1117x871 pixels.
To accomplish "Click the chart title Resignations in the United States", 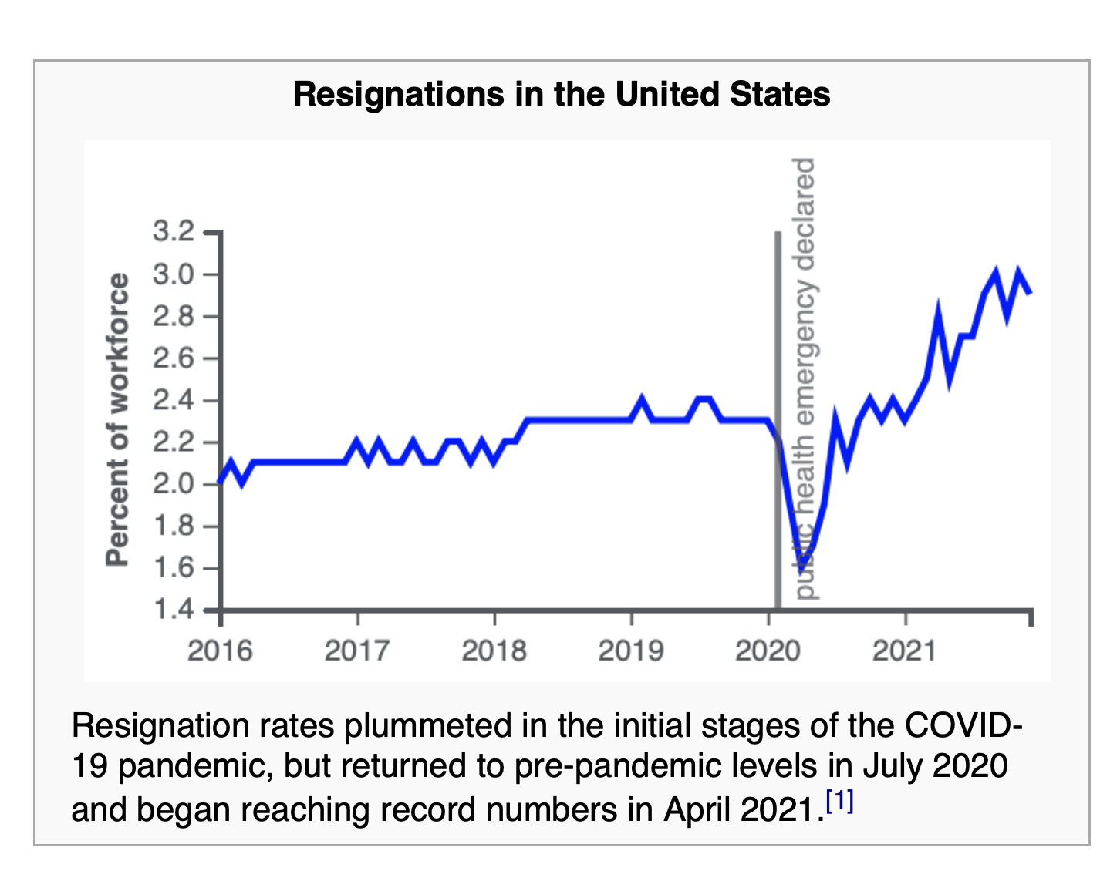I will click(562, 94).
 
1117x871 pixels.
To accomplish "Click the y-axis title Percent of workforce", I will click(117, 420).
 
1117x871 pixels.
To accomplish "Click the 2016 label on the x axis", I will click(220, 651).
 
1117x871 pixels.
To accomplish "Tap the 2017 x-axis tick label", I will click(356, 651).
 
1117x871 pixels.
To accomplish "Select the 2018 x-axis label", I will click(494, 651).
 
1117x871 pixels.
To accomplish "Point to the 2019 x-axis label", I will click(630, 651).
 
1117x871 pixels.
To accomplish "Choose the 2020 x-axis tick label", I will click(768, 651).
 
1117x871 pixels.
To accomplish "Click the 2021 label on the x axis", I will click(904, 651).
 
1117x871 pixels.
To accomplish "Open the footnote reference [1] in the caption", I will click(839, 802).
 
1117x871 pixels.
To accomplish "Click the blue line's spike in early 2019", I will click(642, 400).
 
